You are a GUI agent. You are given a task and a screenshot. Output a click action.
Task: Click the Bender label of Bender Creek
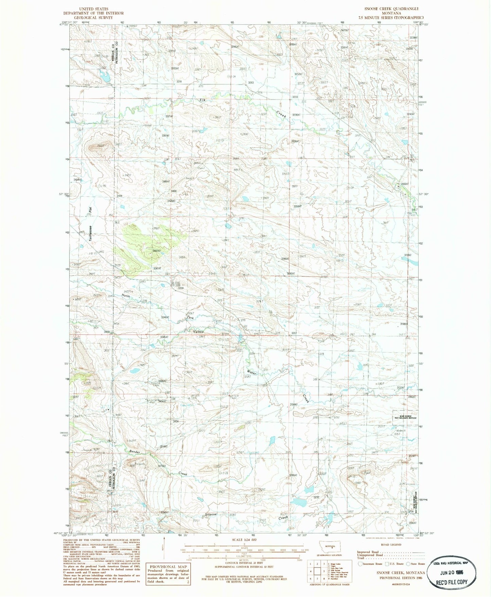[134, 452]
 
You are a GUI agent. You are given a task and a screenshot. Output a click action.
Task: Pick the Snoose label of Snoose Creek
[211, 514]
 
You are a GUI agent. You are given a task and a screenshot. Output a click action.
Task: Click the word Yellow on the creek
[198, 332]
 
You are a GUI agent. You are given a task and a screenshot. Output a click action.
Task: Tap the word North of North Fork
[126, 295]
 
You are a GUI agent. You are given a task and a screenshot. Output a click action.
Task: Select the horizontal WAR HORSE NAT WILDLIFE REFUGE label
[405, 417]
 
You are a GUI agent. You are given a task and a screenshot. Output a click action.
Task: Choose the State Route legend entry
[416, 564]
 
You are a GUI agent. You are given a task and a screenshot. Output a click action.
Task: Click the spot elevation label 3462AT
[156, 251]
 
